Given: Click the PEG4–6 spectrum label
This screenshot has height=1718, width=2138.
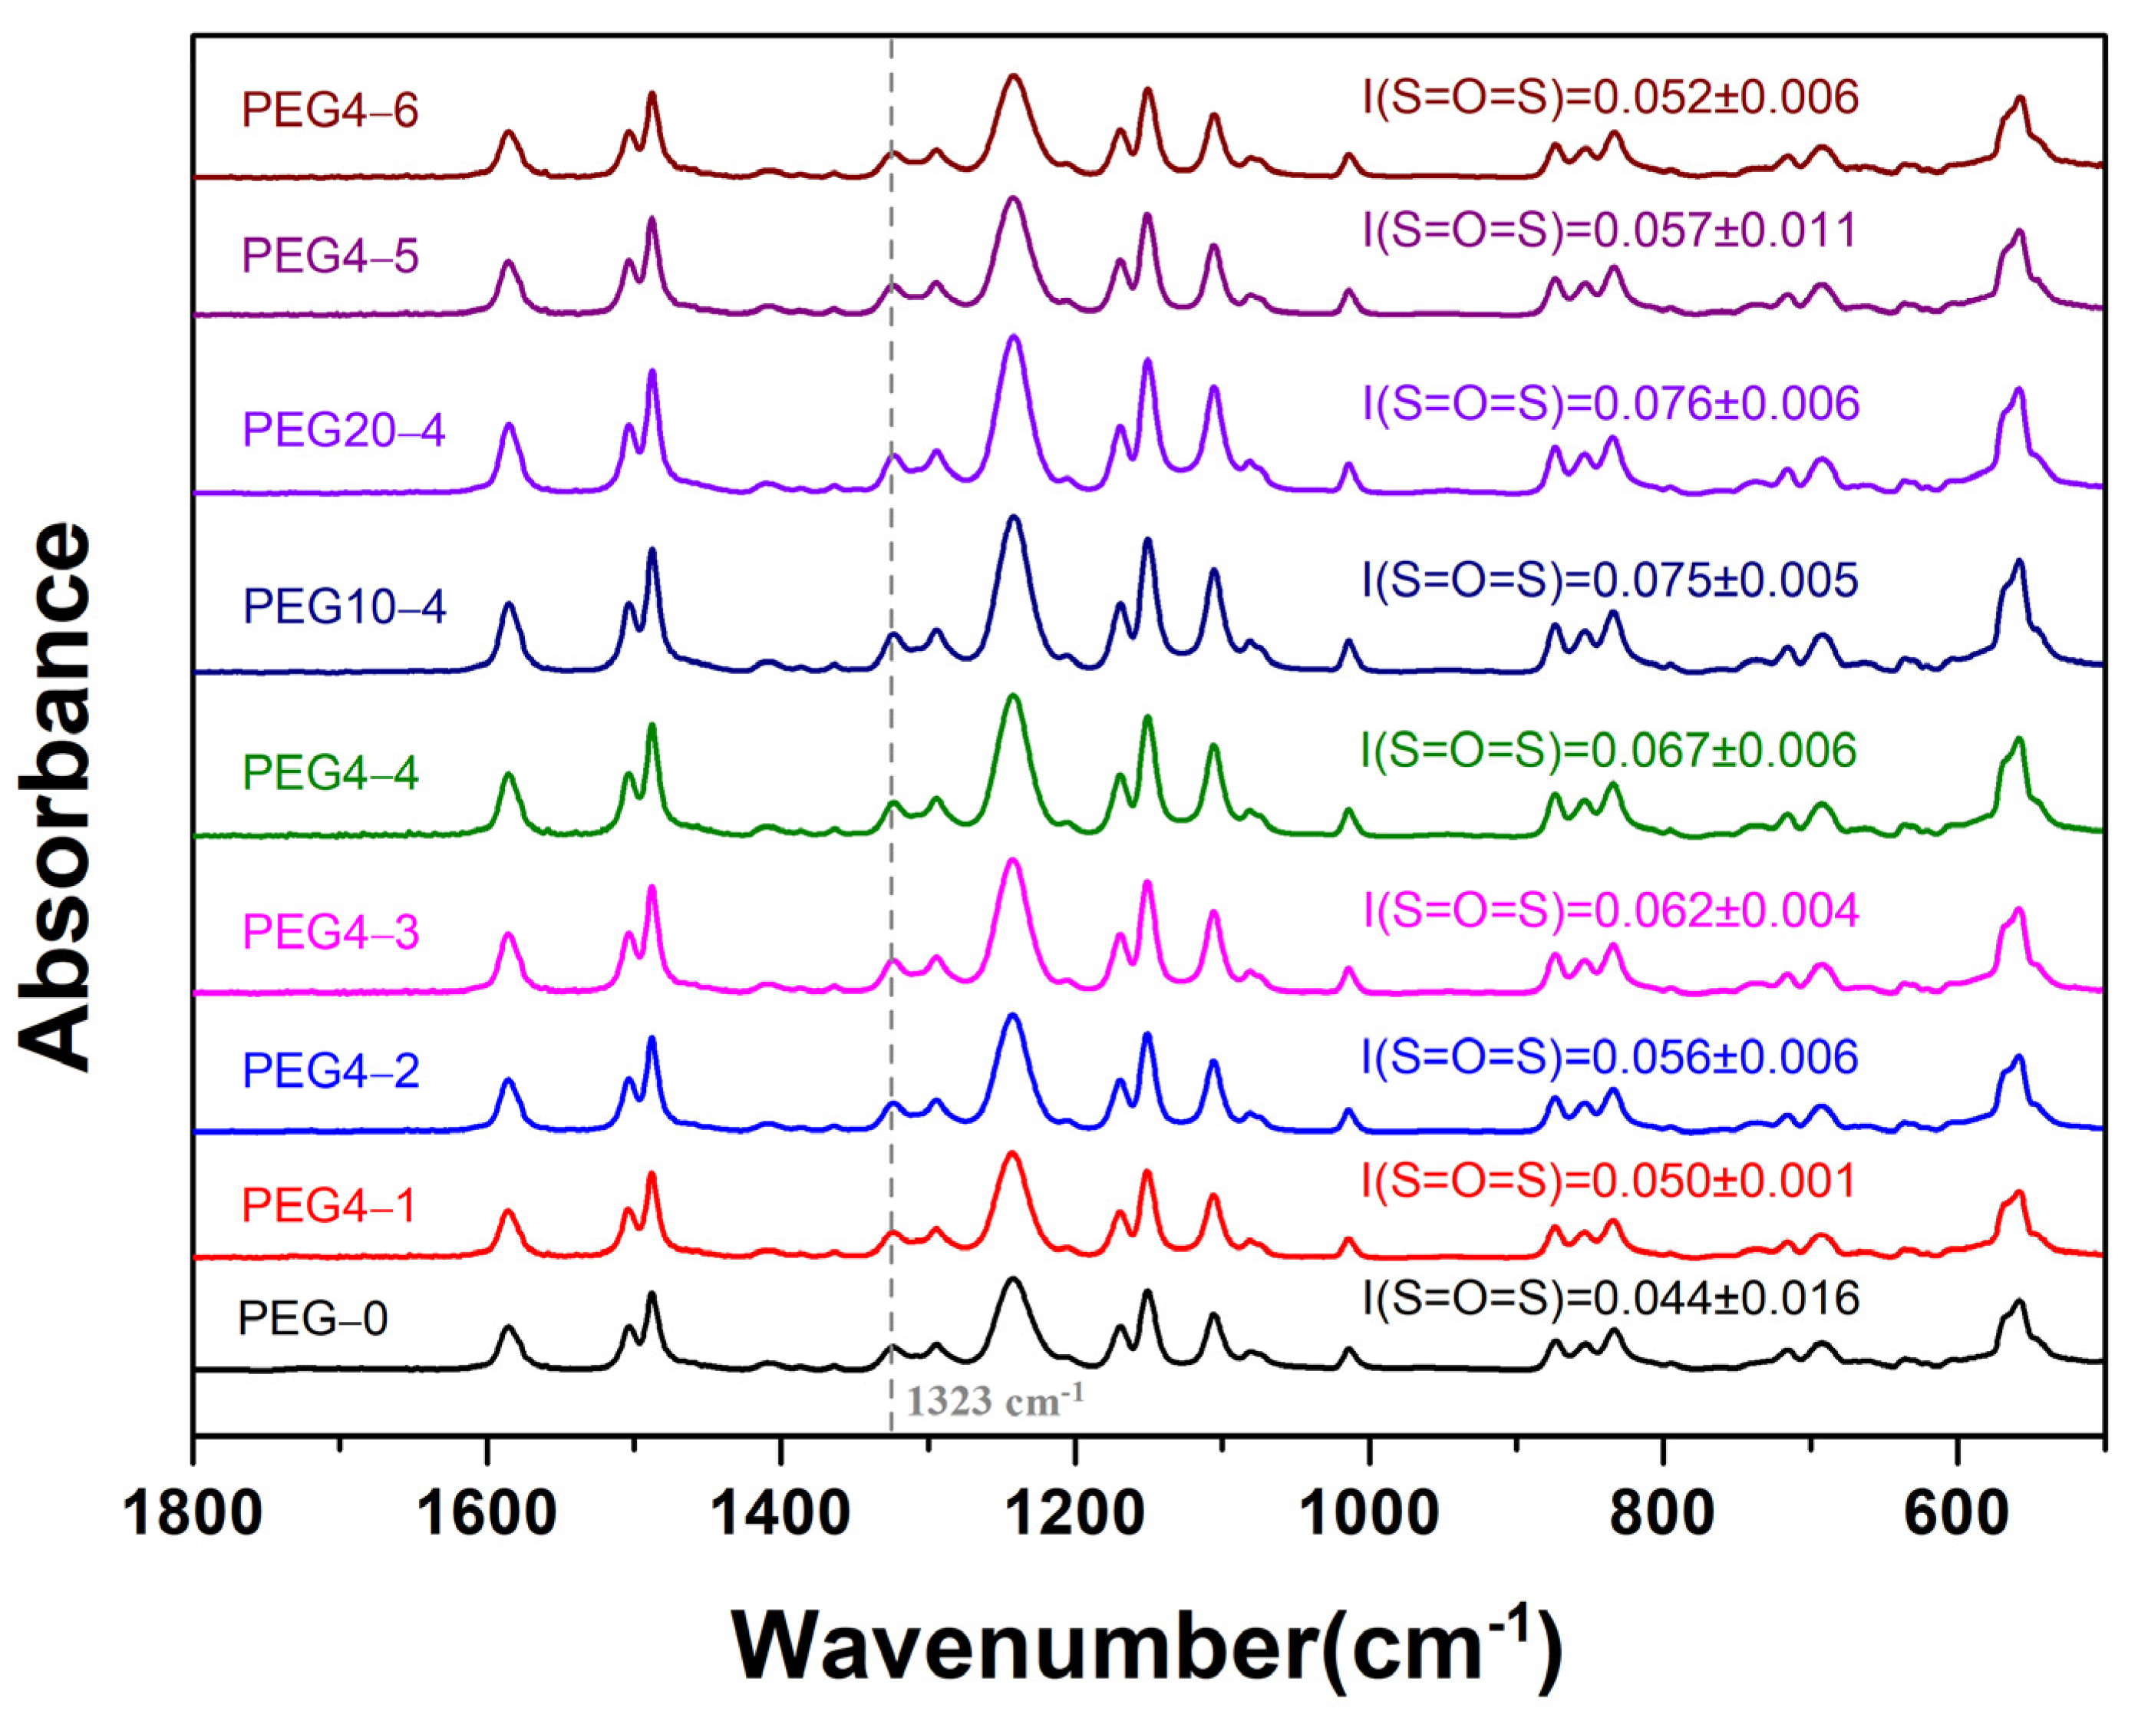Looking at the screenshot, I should [330, 110].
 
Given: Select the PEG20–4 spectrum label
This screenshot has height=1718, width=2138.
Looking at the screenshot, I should [344, 431].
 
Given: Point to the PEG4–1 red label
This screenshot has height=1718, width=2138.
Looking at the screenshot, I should [329, 1205].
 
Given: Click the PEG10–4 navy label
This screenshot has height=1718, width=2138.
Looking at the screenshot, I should [344, 606].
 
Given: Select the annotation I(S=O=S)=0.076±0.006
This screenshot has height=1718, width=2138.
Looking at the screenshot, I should [1609, 404].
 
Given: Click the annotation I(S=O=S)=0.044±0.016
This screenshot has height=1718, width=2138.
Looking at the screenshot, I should [1609, 1298].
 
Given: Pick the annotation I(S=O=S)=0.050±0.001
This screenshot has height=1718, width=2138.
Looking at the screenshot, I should [1608, 1181].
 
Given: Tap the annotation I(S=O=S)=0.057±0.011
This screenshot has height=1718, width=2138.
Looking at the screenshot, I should [1608, 230].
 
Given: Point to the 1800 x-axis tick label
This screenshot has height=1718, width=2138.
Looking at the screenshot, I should [193, 1515].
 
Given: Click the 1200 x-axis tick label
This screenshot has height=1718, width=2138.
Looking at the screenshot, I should [1076, 1515].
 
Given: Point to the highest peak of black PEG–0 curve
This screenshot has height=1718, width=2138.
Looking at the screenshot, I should [1012, 1280].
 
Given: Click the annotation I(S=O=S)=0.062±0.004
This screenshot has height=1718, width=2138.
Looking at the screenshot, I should [1609, 910].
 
